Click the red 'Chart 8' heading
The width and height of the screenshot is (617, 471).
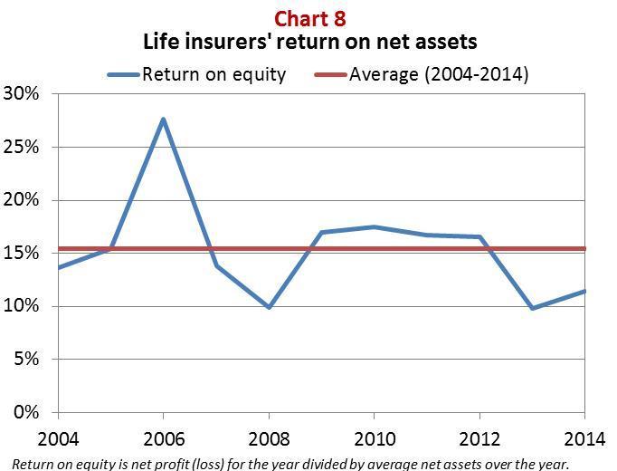point(309,18)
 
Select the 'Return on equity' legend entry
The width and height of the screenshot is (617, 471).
point(196,74)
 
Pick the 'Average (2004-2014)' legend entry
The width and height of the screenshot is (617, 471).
point(422,74)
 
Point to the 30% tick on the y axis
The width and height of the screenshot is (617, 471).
point(21,93)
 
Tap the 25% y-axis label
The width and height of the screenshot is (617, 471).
point(21,147)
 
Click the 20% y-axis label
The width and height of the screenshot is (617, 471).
point(21,200)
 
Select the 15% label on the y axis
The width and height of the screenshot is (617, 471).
point(21,253)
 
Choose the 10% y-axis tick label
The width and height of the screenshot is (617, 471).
point(21,306)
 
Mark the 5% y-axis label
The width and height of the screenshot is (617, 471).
point(26,360)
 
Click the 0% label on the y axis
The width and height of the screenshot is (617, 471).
point(26,412)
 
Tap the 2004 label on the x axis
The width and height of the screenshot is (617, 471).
point(58,439)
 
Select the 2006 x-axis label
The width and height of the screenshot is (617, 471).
point(164,439)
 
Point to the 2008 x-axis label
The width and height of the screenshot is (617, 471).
point(270,439)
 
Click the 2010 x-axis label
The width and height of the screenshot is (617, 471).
point(375,439)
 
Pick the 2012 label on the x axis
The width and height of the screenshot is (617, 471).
point(479,439)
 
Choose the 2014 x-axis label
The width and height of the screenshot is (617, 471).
point(584,439)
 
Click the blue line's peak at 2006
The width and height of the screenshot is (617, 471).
point(164,119)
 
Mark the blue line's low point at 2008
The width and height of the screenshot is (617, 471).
point(270,306)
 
